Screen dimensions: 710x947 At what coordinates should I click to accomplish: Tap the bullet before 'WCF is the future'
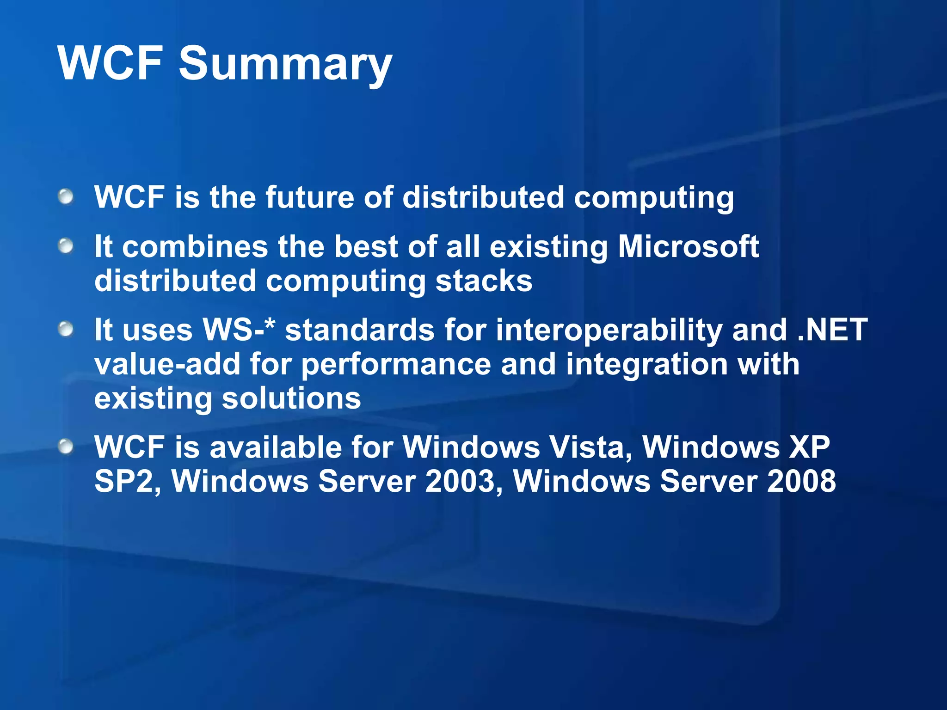[66, 196]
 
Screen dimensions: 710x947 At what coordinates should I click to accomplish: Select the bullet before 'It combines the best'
[66, 246]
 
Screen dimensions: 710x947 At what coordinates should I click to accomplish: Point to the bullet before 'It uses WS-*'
[66, 329]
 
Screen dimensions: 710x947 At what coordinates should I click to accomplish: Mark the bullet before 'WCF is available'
[66, 447]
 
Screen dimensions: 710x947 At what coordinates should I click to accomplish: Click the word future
[309, 197]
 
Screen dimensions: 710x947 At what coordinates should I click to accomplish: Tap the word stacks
[484, 281]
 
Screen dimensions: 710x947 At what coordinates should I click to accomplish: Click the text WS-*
[239, 330]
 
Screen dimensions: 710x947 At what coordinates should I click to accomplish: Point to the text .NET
[832, 330]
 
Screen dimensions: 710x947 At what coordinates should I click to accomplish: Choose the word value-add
[167, 364]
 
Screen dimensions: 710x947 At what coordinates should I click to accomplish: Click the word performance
[396, 365]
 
